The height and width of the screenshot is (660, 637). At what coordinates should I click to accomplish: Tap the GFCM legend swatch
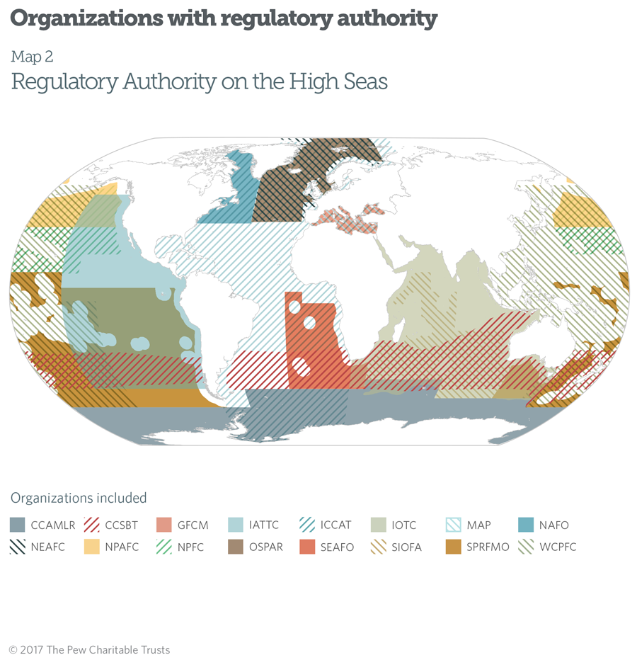164,525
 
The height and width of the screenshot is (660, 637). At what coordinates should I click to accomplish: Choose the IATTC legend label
264,525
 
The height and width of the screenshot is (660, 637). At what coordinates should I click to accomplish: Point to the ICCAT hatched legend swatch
309,525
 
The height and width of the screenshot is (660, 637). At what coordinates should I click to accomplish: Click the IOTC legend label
403,525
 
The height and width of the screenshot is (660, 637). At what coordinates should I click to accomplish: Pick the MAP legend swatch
453,525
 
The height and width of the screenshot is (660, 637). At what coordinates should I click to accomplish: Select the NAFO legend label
553,525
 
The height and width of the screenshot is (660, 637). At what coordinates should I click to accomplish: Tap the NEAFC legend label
48,547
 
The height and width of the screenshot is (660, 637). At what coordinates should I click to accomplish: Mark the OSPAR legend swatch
236,547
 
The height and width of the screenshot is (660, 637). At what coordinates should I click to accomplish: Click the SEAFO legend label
336,547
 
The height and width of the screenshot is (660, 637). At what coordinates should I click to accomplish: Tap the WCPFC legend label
555,547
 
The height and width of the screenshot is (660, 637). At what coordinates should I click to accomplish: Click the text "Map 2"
32,57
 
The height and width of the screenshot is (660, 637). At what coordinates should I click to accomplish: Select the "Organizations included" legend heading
78,498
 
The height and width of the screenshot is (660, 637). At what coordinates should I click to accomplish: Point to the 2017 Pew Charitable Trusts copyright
90,649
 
